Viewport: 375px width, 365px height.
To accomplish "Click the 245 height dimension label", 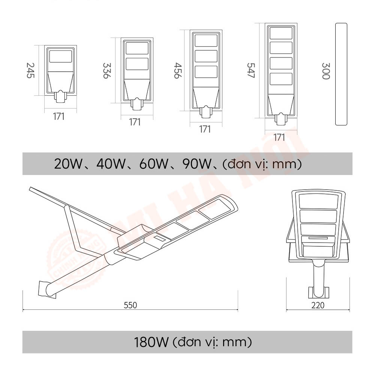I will (30, 70).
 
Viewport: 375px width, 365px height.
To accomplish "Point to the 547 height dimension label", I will (250, 70).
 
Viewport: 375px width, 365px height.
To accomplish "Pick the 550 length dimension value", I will (130, 305).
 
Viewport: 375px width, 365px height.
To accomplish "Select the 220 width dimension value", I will (318, 305).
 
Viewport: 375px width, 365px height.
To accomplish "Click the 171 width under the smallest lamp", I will (58, 116).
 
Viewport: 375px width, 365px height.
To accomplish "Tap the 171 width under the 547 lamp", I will (279, 137).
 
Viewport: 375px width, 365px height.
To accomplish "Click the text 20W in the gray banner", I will (68, 164).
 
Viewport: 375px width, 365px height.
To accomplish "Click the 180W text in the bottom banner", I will (152, 342).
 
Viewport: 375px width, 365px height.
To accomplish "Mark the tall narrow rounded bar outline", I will (341, 74).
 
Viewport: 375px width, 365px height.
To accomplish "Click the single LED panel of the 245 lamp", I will (60, 56).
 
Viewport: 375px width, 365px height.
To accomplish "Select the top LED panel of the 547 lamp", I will (281, 33).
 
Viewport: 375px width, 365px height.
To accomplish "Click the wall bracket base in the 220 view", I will (318, 292).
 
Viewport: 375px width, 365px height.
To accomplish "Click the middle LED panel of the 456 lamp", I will (205, 56).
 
